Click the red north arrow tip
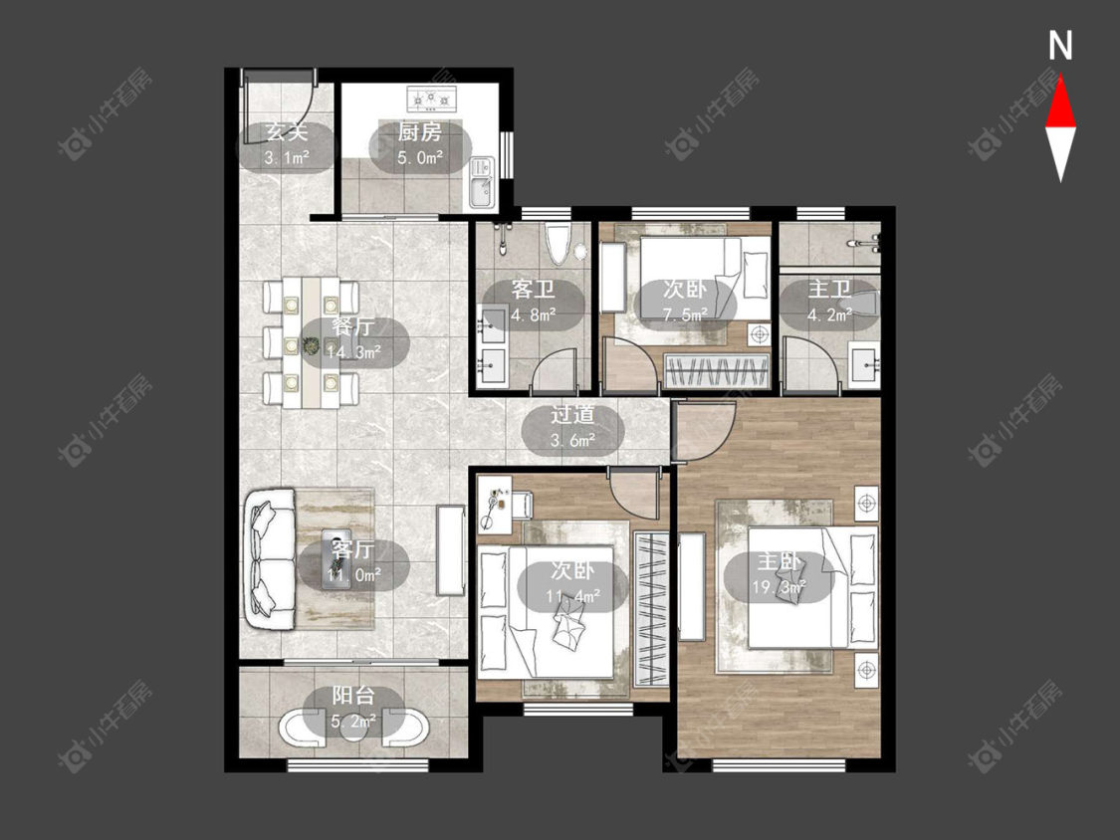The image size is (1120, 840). pos(1060,78)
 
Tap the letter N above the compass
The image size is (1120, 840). pos(1060,46)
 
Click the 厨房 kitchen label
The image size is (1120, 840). pos(419,132)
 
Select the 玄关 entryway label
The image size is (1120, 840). pos(287,132)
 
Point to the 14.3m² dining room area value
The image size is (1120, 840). pos(353,351)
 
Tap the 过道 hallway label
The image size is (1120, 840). pos(572,415)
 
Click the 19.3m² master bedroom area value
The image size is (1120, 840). pos(780,587)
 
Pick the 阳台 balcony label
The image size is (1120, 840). pos(352,695)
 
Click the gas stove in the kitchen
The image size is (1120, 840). pos(431,100)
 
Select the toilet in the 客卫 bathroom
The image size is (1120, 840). pos(558,242)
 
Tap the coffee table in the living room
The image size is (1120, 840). pos(336,558)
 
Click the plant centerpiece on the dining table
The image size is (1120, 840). pos(311,345)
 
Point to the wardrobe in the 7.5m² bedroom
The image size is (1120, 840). pos(717,370)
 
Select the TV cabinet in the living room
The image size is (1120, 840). pos(451,550)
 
